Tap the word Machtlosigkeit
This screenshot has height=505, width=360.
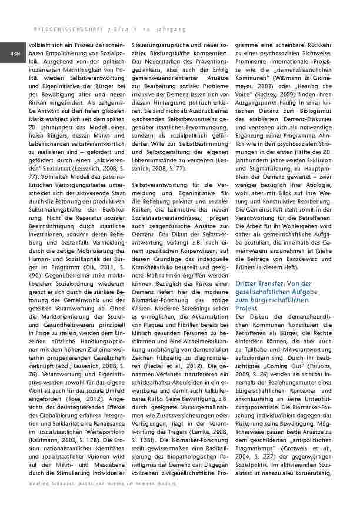coord(74,69)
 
